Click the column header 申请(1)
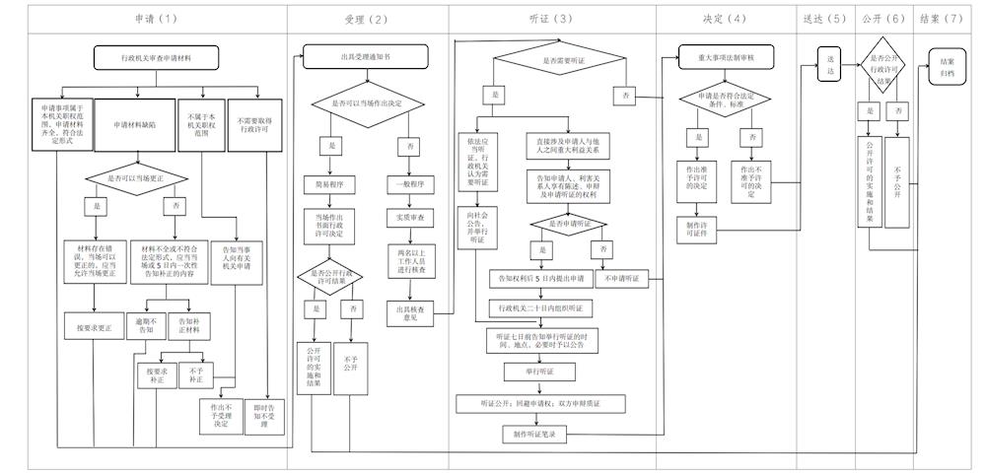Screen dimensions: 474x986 pyautogui.click(x=156, y=19)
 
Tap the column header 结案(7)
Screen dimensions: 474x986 pyautogui.click(x=940, y=19)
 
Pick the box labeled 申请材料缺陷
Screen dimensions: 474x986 pyautogui.click(x=135, y=125)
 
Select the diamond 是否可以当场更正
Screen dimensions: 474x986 pyautogui.click(x=135, y=177)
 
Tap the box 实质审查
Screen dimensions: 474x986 pyautogui.click(x=408, y=217)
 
